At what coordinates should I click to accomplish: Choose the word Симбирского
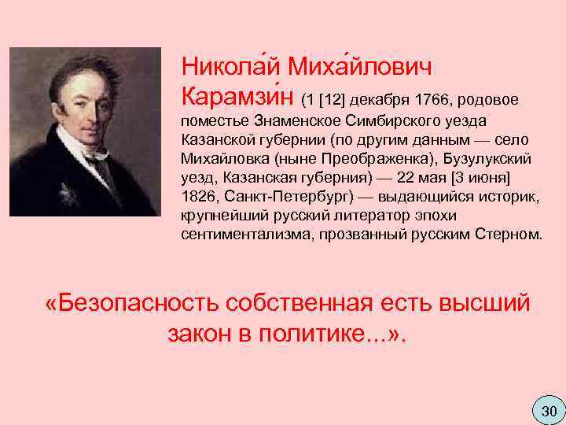388,121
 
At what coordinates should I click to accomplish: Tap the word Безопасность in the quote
135,303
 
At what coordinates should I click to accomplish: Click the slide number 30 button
548,410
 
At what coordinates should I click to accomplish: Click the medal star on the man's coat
64,191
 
